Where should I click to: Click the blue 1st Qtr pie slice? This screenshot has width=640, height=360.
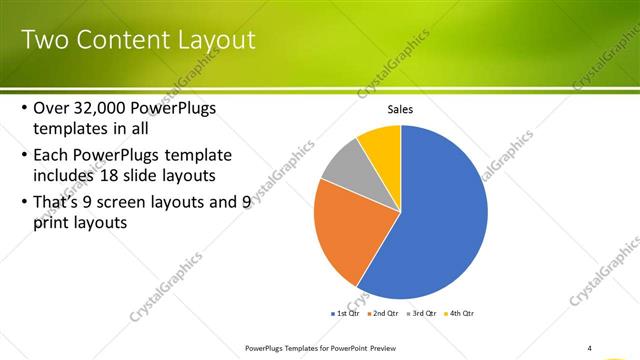click(440, 215)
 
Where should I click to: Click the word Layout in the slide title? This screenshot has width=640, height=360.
click(214, 41)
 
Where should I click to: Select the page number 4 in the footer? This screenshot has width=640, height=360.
click(590, 348)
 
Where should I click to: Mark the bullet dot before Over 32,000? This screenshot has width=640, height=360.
click(24, 108)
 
